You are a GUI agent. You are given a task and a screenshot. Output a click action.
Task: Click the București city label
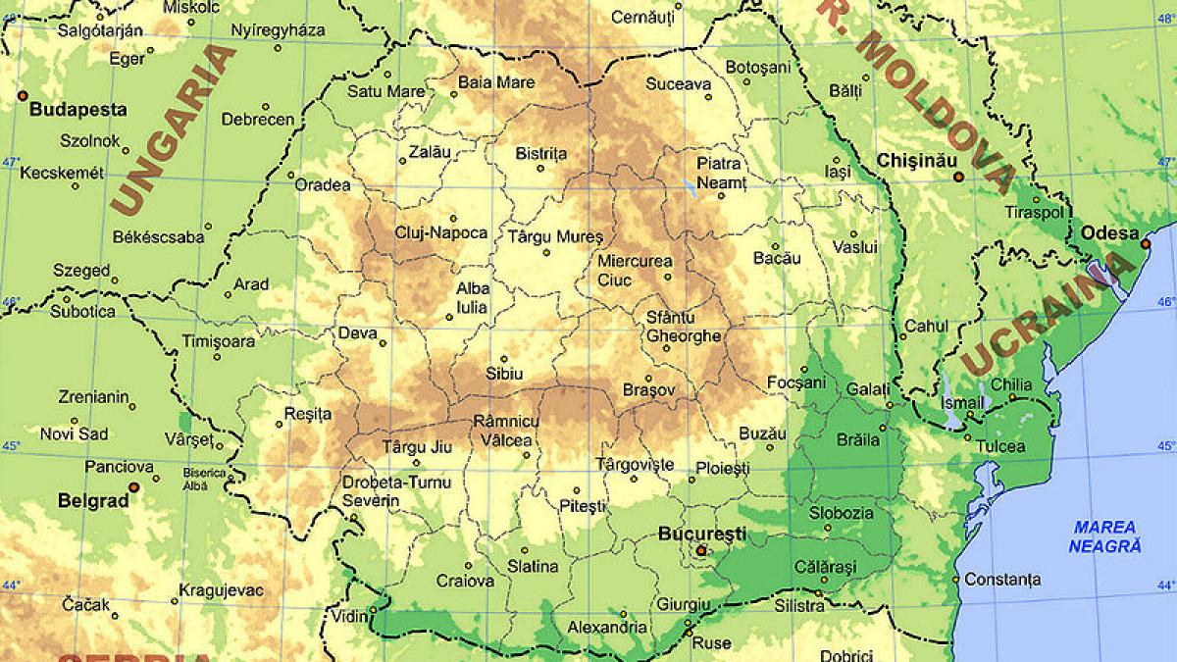pos(701,535)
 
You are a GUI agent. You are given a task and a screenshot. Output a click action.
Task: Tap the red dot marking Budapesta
pos(22,95)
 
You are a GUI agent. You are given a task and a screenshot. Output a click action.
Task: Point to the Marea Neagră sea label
pos(1104,536)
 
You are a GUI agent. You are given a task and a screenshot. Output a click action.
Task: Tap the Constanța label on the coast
pos(1002,580)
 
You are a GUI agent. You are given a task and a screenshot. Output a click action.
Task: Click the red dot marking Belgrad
pos(134,486)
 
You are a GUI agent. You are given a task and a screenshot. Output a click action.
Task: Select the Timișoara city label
pos(218,341)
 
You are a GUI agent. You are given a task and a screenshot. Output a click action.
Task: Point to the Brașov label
pos(649,390)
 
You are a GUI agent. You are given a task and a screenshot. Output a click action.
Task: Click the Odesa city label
pos(1108,232)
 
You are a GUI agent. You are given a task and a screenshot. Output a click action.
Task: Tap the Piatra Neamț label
pos(721,173)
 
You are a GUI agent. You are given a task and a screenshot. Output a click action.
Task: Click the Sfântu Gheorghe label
pos(684,327)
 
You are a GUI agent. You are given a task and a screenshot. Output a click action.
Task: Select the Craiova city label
pos(465,581)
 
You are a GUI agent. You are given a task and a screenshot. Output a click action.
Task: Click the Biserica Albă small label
pos(204,480)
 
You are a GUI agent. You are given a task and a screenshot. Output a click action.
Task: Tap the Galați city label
pos(867,389)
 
